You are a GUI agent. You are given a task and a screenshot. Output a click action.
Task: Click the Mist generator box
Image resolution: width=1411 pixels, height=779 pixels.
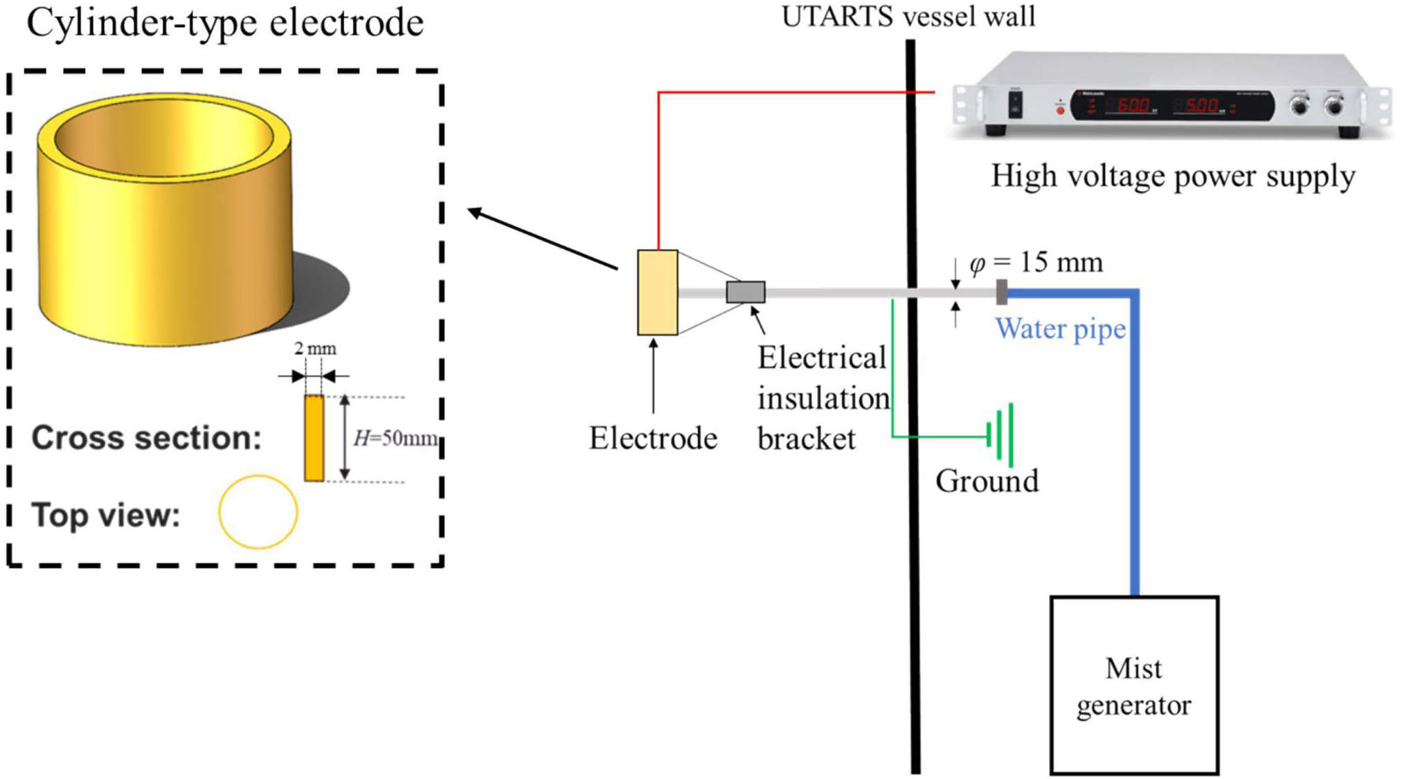point(1133,685)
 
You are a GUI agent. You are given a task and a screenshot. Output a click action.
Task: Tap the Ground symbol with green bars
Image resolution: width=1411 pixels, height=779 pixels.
point(1003,436)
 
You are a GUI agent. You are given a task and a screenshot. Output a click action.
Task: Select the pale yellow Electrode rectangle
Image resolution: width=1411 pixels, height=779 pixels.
point(657,293)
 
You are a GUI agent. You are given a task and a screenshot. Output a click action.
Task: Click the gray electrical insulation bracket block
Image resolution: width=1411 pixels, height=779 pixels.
point(745,292)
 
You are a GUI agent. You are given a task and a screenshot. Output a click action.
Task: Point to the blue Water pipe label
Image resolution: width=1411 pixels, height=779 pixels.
point(1060,329)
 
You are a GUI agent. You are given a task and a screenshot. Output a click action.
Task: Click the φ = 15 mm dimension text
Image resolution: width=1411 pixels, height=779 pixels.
point(1036,263)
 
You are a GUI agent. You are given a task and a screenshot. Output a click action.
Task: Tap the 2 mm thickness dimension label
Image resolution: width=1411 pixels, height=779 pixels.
point(315,349)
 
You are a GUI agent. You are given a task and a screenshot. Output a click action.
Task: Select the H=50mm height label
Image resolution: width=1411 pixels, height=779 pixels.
point(395,438)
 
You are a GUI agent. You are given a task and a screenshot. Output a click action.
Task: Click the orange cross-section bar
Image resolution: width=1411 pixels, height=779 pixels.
point(314,438)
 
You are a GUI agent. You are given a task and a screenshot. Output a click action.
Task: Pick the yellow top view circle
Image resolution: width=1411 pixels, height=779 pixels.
point(258,512)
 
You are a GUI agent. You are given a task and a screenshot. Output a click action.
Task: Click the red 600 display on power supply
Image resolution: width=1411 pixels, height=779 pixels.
point(1133,106)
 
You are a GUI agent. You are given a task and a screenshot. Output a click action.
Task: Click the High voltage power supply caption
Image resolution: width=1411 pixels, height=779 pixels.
point(1173,176)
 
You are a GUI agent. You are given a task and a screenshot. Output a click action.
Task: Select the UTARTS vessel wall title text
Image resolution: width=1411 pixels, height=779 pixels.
point(908,17)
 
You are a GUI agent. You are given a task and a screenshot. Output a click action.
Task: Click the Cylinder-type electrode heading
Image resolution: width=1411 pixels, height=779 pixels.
point(225,22)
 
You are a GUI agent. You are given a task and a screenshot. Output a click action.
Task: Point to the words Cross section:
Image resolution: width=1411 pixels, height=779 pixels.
point(146,438)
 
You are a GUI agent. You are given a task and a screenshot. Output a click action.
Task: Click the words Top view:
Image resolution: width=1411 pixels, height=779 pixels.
point(106,515)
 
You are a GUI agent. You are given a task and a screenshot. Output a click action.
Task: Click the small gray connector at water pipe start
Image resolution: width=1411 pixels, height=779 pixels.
point(1001,292)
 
